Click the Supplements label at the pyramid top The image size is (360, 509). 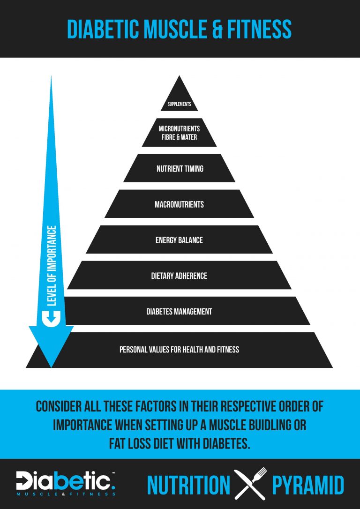[179, 105]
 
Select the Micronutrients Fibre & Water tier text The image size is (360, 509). [179, 133]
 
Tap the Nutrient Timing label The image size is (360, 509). [180, 169]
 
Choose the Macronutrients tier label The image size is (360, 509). [179, 204]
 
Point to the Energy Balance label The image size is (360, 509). [179, 240]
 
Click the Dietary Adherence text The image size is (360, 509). [179, 276]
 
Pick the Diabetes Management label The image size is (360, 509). [179, 312]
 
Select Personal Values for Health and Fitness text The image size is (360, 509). [179, 350]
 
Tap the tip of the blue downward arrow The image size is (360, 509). [51, 367]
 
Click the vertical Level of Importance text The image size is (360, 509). [52, 266]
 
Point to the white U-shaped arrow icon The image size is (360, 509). [52, 319]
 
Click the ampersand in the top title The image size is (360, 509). [214, 29]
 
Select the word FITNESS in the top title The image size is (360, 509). [258, 29]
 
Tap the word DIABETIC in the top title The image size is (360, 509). [104, 29]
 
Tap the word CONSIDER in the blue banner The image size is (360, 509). [60, 407]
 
